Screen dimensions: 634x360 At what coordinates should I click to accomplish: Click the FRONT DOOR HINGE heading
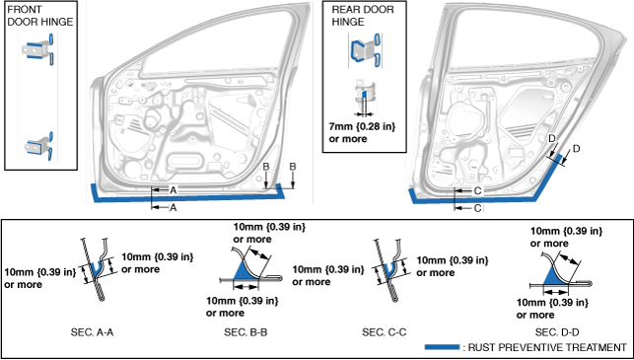[x=40, y=16]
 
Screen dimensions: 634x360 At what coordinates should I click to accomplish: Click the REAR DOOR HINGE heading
[x=363, y=16]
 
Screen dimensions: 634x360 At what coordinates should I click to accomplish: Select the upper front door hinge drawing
[x=38, y=49]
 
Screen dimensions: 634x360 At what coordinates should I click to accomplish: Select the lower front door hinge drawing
[x=39, y=146]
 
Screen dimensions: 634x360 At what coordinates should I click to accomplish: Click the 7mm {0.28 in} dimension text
[x=362, y=126]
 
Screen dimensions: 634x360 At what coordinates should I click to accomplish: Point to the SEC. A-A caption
[x=92, y=332]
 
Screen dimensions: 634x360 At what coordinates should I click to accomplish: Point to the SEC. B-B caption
[x=246, y=332]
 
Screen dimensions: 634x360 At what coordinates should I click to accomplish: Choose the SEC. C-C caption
[x=385, y=332]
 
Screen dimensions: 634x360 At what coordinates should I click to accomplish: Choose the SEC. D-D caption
[x=557, y=332]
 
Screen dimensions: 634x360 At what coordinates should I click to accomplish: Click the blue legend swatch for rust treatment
[x=442, y=347]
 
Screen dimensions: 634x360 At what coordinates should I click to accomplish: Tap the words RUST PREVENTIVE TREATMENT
[x=547, y=347]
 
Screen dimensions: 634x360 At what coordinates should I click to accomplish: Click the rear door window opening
[x=526, y=36]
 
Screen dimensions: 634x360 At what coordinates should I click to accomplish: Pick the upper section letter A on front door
[x=174, y=189]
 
